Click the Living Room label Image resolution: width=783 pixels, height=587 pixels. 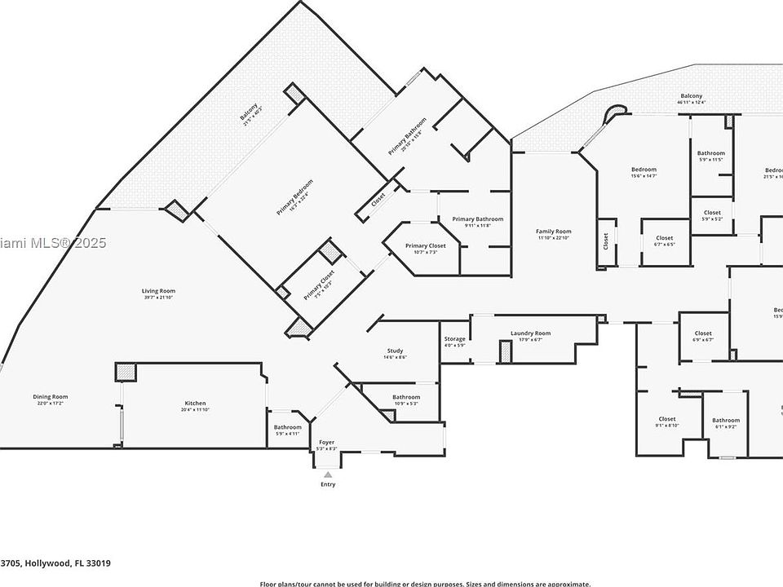tap(158, 291)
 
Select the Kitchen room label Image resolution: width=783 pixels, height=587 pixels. tap(195, 404)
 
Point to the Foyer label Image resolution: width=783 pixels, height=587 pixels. tap(326, 443)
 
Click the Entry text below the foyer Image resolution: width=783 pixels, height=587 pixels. tap(327, 484)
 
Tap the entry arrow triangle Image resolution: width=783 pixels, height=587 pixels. tap(327, 474)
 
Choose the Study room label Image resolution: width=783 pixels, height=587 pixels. tap(395, 351)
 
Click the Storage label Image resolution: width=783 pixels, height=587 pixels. tap(454, 338)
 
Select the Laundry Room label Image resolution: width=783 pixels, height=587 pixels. tap(530, 333)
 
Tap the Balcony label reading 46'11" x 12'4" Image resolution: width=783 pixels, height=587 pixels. tap(691, 96)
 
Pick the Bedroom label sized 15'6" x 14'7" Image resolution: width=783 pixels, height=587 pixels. tap(644, 170)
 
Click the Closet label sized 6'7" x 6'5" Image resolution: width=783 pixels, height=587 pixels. tap(664, 238)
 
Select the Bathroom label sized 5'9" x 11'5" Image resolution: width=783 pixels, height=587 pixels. tap(710, 153)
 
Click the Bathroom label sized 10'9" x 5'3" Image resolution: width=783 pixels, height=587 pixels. tap(405, 397)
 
